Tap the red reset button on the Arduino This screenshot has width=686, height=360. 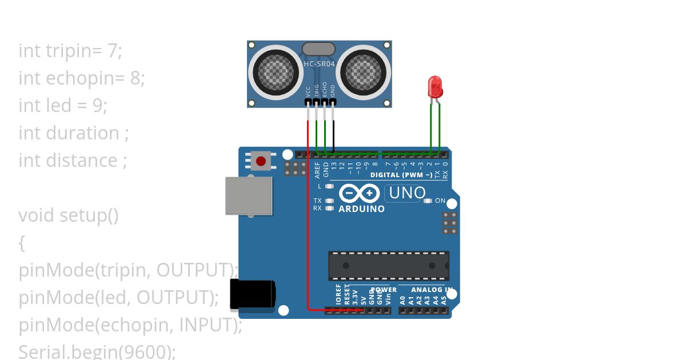(261, 160)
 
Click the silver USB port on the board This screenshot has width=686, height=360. (248, 195)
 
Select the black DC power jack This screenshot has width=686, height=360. (252, 294)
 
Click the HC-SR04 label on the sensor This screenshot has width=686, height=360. (319, 64)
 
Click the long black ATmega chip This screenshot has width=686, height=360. (389, 266)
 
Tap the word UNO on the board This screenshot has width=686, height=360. (406, 193)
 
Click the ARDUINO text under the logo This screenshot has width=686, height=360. (361, 209)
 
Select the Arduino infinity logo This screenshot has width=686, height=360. (359, 193)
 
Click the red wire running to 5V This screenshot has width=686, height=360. (308, 229)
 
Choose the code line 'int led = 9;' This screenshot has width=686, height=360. (63, 105)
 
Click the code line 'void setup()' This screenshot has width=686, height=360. (69, 215)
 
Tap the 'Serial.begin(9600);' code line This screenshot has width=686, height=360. (97, 351)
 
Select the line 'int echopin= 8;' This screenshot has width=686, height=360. (82, 78)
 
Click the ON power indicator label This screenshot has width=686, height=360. (440, 201)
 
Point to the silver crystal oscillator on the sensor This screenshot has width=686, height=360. (318, 49)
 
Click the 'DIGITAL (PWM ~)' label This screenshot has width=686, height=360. (401, 175)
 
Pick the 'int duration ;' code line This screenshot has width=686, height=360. (74, 133)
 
